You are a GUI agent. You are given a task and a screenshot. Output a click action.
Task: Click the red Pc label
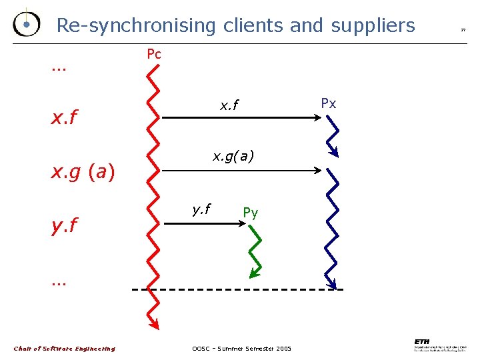point(153,54)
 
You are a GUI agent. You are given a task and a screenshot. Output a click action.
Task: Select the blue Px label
point(328,103)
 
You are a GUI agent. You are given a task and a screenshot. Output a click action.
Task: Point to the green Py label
point(250,213)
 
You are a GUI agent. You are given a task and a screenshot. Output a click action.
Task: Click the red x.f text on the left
point(64,119)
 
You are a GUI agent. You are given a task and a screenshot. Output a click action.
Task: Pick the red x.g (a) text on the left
point(83,173)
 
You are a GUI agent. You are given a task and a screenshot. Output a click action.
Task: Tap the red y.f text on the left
point(64,226)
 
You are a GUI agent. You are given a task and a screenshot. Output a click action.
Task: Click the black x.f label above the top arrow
point(229,105)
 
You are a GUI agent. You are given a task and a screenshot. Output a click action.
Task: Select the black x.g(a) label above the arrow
point(233,157)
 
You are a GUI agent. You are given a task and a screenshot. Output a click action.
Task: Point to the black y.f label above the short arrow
point(201,209)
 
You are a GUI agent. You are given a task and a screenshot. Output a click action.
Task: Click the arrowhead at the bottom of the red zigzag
point(155,325)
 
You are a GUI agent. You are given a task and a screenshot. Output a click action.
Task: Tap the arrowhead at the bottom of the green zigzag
point(253,273)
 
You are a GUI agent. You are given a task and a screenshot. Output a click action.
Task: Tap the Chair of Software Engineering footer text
point(65,349)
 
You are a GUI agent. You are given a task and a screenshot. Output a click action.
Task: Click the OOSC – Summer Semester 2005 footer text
point(241,349)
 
